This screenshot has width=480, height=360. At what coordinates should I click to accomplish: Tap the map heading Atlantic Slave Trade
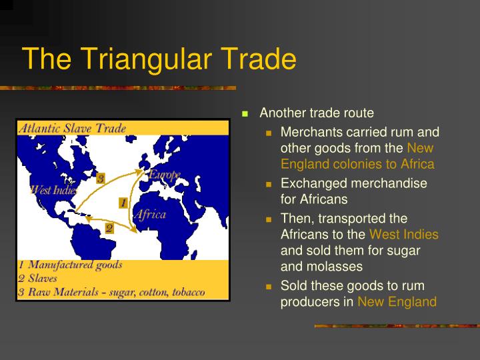(72, 128)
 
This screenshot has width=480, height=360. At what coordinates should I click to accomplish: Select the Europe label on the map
(164, 175)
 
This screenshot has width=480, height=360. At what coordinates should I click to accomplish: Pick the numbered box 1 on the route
(123, 201)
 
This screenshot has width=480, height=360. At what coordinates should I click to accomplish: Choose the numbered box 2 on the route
(109, 228)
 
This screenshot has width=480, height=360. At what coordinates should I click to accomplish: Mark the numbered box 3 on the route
(100, 178)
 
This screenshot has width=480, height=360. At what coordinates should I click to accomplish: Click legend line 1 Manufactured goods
(70, 265)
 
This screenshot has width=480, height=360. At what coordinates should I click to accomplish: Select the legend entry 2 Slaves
(38, 278)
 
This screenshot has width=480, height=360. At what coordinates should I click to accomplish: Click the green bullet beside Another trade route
(245, 113)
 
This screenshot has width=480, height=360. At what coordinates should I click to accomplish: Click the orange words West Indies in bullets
(403, 234)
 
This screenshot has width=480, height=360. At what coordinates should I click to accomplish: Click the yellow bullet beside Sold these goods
(269, 286)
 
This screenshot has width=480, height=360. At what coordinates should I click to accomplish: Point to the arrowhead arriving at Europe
(141, 173)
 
